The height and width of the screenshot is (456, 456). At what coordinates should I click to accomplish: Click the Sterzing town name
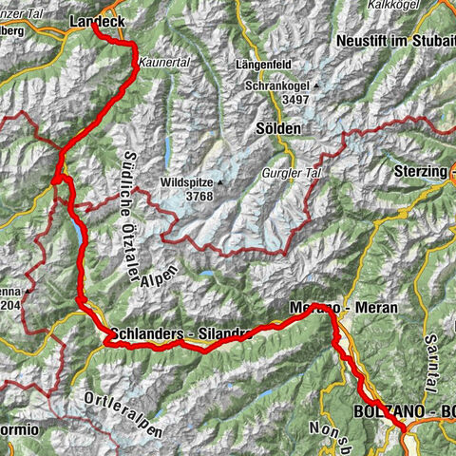pyautogui.click(x=419, y=171)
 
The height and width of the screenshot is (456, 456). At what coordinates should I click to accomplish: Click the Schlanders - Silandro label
pyautogui.click(x=180, y=334)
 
